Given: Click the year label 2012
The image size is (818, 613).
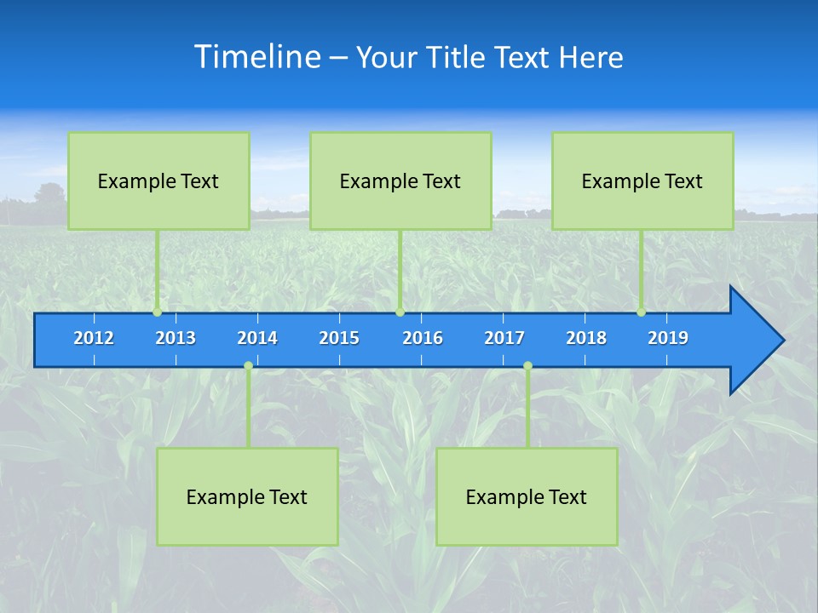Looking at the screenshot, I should (x=94, y=338).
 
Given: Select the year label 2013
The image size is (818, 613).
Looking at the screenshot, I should (x=176, y=338).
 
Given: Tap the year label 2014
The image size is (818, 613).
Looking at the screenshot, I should (x=257, y=338).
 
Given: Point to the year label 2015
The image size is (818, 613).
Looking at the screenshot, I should (x=339, y=338).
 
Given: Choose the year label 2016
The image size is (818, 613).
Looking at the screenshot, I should (x=423, y=338).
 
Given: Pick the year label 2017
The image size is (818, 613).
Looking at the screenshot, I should (x=504, y=338).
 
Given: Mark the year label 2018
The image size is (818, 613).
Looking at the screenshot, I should (x=586, y=338).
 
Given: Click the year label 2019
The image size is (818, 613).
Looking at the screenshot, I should (x=668, y=338).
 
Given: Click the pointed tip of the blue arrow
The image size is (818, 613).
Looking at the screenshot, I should (x=781, y=341).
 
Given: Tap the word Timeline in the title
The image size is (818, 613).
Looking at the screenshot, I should (x=257, y=57).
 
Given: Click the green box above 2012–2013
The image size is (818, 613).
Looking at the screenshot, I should (x=158, y=180).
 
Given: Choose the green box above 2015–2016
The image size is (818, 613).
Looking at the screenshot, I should (x=400, y=180).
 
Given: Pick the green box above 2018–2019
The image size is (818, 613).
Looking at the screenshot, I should (x=642, y=180).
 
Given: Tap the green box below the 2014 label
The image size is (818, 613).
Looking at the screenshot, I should (x=247, y=496).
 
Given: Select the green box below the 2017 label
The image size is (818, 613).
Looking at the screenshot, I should (x=527, y=496).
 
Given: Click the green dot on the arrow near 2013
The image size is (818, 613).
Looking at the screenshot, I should (x=157, y=312).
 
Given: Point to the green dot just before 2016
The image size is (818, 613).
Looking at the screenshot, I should (x=400, y=312).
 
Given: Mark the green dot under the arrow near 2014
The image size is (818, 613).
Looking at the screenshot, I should (x=248, y=366).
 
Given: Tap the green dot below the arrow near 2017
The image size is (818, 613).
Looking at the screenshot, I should (x=527, y=366).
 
